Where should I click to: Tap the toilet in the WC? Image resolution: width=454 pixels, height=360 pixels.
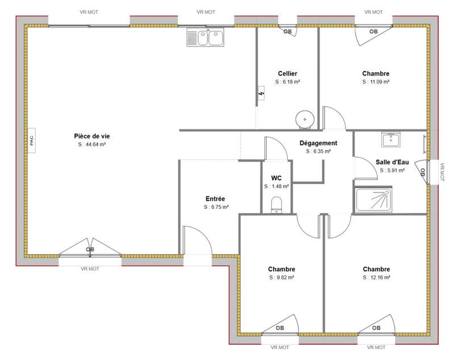(x=276, y=204)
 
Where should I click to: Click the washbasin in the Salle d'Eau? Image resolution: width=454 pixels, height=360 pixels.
(x=391, y=140)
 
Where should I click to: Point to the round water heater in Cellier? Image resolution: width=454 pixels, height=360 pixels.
(x=305, y=119)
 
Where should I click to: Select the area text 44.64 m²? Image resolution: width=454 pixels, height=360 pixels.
(x=92, y=144)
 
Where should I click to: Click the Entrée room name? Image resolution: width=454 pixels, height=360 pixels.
(x=216, y=199)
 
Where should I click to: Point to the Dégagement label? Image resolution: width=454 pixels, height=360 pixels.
(x=318, y=143)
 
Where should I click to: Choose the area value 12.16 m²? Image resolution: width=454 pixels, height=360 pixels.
(x=376, y=278)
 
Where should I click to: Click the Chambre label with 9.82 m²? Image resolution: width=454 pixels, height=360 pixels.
(x=282, y=269)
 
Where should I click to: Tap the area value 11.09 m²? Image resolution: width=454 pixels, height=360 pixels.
(x=376, y=82)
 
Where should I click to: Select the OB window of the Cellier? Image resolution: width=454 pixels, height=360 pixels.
(x=288, y=31)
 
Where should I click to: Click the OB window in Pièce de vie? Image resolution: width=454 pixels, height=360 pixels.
(x=90, y=249)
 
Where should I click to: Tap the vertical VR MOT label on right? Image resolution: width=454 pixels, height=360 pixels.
(x=443, y=173)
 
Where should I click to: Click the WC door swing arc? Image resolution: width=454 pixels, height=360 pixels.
(x=278, y=149)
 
